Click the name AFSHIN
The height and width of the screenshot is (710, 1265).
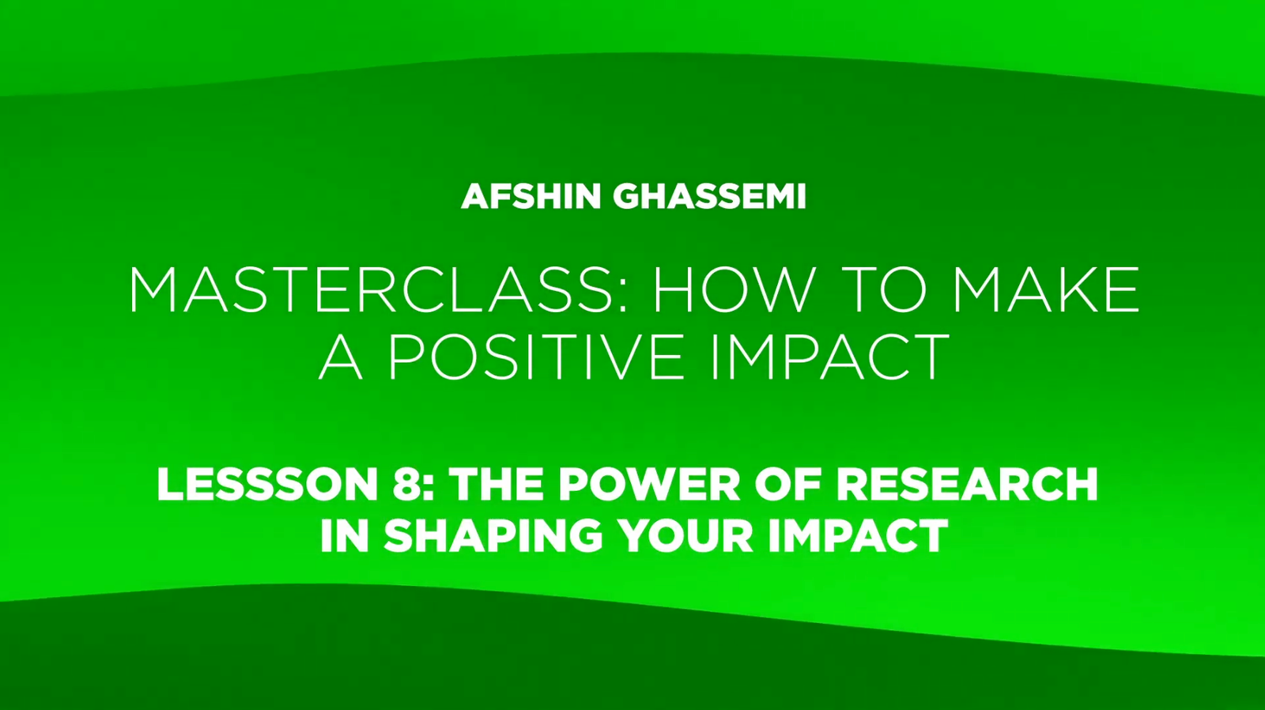click(x=531, y=197)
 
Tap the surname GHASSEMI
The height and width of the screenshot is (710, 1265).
click(x=709, y=197)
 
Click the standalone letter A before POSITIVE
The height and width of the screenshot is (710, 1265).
click(x=340, y=356)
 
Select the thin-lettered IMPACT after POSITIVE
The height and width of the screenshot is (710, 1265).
click(x=830, y=356)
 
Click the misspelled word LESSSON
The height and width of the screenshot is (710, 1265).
click(x=267, y=484)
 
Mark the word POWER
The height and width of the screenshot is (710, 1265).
click(x=649, y=484)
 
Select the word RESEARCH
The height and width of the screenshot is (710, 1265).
click(x=967, y=484)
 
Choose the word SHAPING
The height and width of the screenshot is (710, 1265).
click(x=493, y=535)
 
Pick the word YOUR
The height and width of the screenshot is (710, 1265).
click(x=685, y=535)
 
